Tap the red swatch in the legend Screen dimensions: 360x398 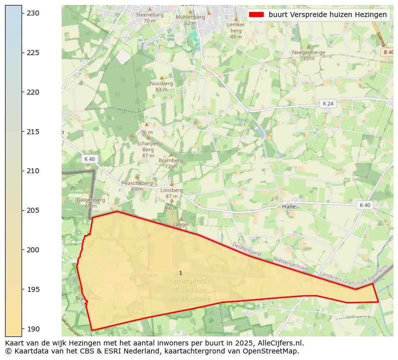tap(256, 15)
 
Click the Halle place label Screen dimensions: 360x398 tap(289, 206)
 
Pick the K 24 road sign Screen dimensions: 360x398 tap(327, 103)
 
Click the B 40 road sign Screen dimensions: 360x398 tap(387, 52)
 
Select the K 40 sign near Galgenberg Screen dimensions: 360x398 tap(89, 159)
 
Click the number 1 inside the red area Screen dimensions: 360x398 tap(180, 273)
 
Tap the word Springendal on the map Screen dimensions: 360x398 tap(191, 281)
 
